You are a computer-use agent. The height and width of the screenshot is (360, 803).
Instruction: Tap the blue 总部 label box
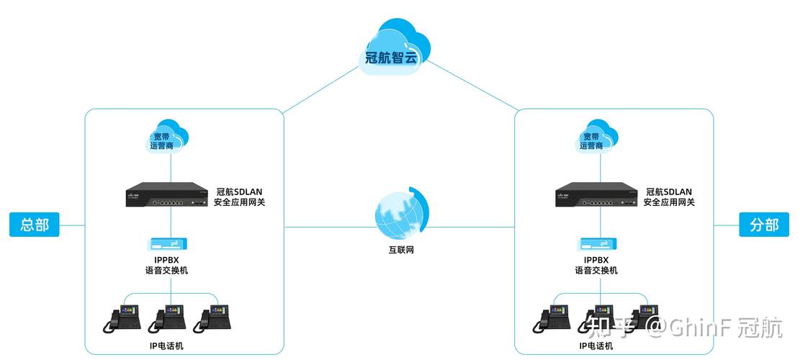(35, 225)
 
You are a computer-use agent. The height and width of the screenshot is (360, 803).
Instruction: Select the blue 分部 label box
(764, 225)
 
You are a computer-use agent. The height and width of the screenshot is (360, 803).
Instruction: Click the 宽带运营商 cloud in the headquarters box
(163, 137)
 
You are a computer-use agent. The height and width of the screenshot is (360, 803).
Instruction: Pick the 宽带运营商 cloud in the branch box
(594, 137)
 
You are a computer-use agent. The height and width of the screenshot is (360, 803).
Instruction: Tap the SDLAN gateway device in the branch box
(597, 196)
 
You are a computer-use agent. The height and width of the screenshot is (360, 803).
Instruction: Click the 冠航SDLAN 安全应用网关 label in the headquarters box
(240, 197)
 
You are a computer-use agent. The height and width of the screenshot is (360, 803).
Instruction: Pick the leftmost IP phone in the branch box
(552, 318)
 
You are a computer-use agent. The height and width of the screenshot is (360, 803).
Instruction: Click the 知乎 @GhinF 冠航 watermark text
(684, 328)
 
